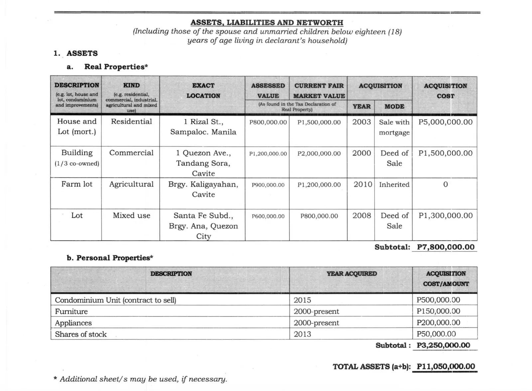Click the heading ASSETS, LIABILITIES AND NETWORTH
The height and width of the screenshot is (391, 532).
(x=267, y=23)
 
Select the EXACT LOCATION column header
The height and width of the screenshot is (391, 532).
(x=203, y=91)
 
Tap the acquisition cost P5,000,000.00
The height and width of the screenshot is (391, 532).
(x=445, y=122)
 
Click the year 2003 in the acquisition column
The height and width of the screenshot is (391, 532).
(x=361, y=122)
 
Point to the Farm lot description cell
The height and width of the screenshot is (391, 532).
(x=77, y=184)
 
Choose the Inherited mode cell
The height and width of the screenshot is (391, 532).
(x=394, y=185)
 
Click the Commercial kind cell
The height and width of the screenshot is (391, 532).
(x=131, y=153)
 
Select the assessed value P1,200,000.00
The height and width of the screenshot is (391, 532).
(x=268, y=154)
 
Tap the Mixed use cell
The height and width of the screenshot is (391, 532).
(x=131, y=215)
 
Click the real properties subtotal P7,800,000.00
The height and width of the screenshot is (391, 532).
(x=446, y=247)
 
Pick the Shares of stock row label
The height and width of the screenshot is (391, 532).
(x=81, y=334)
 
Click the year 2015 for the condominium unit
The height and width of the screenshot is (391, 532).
(x=302, y=300)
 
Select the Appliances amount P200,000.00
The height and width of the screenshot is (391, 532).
(x=438, y=323)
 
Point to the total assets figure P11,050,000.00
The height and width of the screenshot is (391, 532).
(x=446, y=367)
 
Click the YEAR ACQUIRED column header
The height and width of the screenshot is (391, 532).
(x=351, y=274)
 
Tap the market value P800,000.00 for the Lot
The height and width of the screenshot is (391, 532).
(x=319, y=216)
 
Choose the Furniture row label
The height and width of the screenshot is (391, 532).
(x=71, y=311)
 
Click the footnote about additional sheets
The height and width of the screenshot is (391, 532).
(x=141, y=379)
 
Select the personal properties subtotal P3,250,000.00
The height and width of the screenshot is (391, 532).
(x=443, y=345)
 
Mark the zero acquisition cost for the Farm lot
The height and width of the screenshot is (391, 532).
(x=445, y=185)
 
